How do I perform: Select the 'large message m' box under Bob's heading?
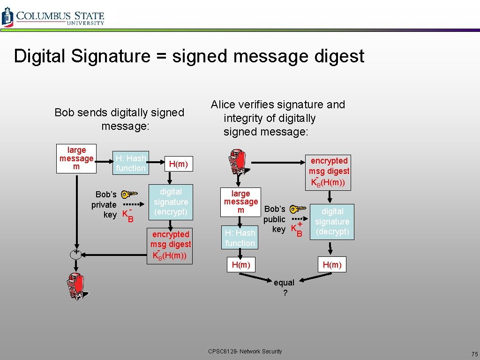click(76, 158)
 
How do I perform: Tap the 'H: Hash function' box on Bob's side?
click(130, 163)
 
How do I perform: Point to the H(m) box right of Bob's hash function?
click(178, 164)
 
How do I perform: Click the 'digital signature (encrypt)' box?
click(171, 202)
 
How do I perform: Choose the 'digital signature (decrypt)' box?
click(332, 222)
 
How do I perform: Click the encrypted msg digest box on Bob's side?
click(171, 245)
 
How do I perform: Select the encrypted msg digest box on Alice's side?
click(329, 172)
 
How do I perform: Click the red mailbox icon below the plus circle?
click(75, 285)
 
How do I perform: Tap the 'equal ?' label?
click(284, 288)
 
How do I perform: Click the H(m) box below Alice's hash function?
click(241, 265)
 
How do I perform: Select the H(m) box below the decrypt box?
click(332, 265)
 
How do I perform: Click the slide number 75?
click(474, 354)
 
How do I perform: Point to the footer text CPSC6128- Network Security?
click(245, 351)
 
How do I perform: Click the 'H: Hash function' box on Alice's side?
click(240, 238)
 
